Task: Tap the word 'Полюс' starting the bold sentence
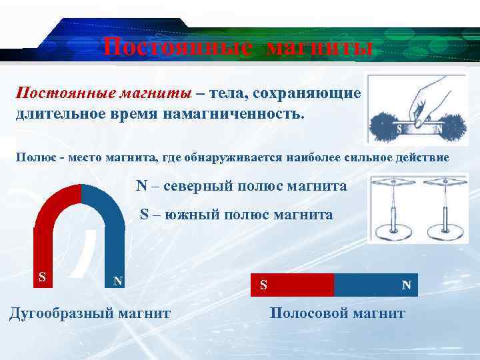point(32,158)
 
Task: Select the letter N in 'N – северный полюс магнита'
point(141,186)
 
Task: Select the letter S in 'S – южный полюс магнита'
point(144,215)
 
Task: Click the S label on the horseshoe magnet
point(43,276)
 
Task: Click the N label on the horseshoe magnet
point(117,281)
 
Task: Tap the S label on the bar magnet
point(263,285)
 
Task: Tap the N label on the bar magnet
point(406,285)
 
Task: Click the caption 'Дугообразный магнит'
point(89,313)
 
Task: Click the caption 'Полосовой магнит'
point(337,313)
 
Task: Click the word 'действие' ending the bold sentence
point(423,158)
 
